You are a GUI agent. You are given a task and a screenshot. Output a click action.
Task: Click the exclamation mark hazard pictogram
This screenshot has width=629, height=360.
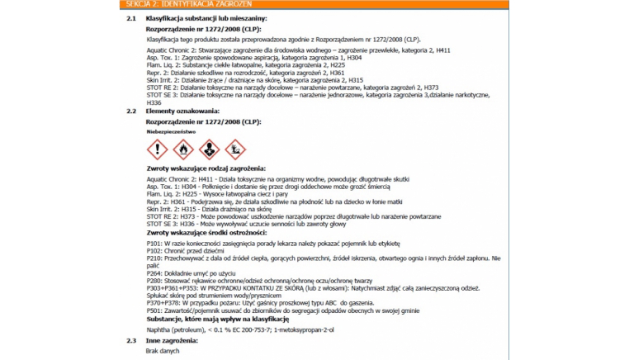tap(157, 149)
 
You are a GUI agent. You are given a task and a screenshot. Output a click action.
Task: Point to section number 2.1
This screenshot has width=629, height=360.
tap(131, 17)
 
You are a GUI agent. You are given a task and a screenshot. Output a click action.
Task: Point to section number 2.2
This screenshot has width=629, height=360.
tap(131, 110)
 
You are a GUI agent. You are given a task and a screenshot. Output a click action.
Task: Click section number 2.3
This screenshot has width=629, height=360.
tap(131, 340)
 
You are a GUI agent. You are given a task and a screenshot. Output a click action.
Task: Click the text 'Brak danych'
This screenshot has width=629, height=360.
tap(162, 350)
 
